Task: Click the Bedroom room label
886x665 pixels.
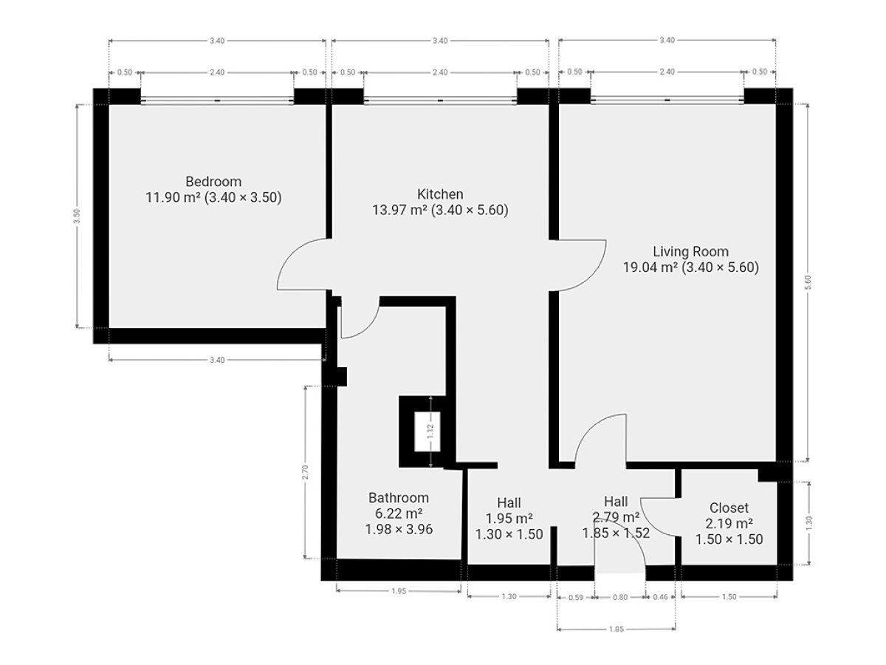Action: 213,181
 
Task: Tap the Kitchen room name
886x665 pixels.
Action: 439,194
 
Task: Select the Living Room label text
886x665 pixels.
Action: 690,251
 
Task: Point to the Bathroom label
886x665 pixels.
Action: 399,498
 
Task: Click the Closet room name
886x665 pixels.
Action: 729,508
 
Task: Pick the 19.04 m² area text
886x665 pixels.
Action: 650,267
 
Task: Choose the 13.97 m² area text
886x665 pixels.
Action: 399,210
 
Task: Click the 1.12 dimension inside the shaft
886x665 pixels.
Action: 430,432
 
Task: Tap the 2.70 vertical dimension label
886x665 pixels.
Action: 305,472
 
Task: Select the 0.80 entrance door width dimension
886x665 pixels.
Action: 620,597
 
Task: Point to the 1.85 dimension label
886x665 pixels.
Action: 617,629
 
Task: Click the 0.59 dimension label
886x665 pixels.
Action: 576,597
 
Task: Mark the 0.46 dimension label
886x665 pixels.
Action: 660,597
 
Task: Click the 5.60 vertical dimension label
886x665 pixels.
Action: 808,282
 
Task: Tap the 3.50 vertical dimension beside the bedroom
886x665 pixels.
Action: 77,216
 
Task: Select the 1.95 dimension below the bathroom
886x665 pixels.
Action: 399,591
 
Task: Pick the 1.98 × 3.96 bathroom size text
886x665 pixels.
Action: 399,529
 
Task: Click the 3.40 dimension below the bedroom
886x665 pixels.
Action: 217,360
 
